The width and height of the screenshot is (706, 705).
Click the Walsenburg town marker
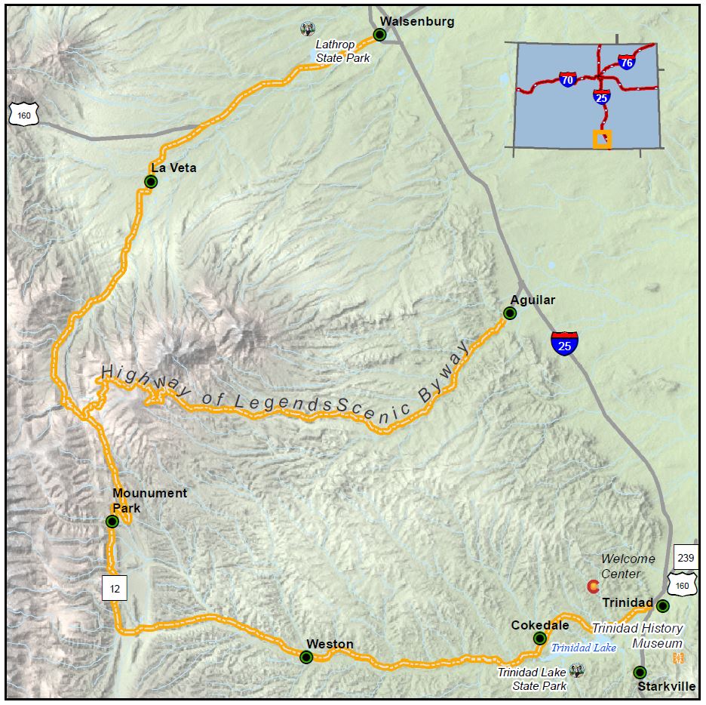point(380,35)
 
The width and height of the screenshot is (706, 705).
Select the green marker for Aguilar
point(510,313)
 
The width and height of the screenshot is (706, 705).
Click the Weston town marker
point(306,657)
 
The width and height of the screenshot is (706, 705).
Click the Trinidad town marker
point(662,606)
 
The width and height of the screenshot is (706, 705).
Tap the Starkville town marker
point(640,672)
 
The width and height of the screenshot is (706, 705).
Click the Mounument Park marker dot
point(112,521)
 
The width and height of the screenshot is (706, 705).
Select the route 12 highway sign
point(115,586)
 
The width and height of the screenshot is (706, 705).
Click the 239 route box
point(685,558)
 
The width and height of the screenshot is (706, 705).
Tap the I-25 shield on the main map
point(564,343)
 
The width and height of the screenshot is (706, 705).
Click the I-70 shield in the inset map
point(567,79)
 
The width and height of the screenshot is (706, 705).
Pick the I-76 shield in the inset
point(626,62)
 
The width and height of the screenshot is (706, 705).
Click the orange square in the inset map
point(602,140)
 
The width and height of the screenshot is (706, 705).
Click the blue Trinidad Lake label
point(583,648)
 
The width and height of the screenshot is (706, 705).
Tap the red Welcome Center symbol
point(594,586)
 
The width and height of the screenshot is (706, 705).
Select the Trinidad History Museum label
point(637,636)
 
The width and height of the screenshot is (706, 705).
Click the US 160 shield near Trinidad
point(682,584)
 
